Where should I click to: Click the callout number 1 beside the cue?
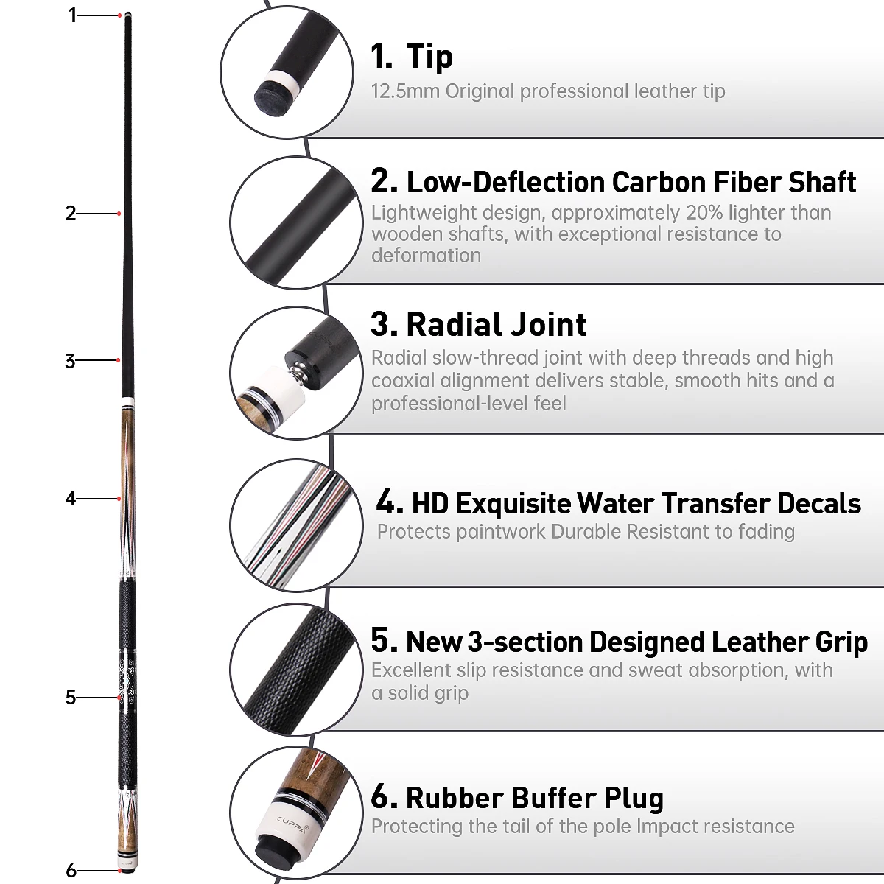click(72, 15)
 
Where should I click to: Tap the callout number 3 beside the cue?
click(70, 361)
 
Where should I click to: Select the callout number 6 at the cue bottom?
click(71, 870)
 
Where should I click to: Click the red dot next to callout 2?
click(119, 214)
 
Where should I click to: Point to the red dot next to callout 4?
click(119, 499)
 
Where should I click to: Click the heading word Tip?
click(429, 57)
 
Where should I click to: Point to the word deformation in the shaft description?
click(427, 256)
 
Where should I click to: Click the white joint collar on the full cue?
click(128, 403)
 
